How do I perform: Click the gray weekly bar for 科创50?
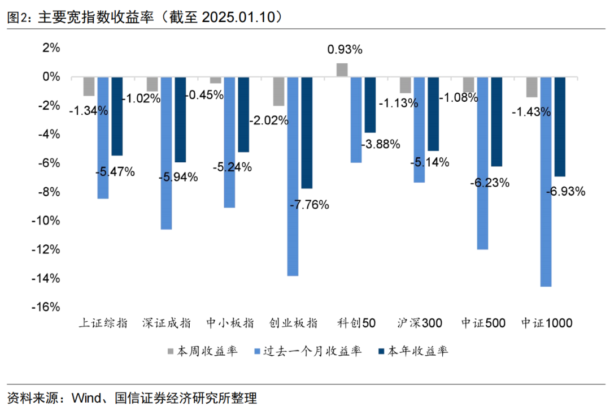[342, 70]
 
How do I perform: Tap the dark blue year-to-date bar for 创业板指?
[307, 132]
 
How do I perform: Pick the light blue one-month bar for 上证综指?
[103, 137]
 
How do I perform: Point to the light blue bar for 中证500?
[482, 163]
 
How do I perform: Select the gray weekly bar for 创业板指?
[278, 91]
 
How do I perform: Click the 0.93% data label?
[345, 50]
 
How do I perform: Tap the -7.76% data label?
[309, 205]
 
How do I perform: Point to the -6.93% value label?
[565, 191]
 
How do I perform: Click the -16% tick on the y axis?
[48, 307]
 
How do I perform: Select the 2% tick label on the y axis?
[51, 48]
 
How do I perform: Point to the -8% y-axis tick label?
[50, 192]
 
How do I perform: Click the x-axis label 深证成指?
[167, 323]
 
